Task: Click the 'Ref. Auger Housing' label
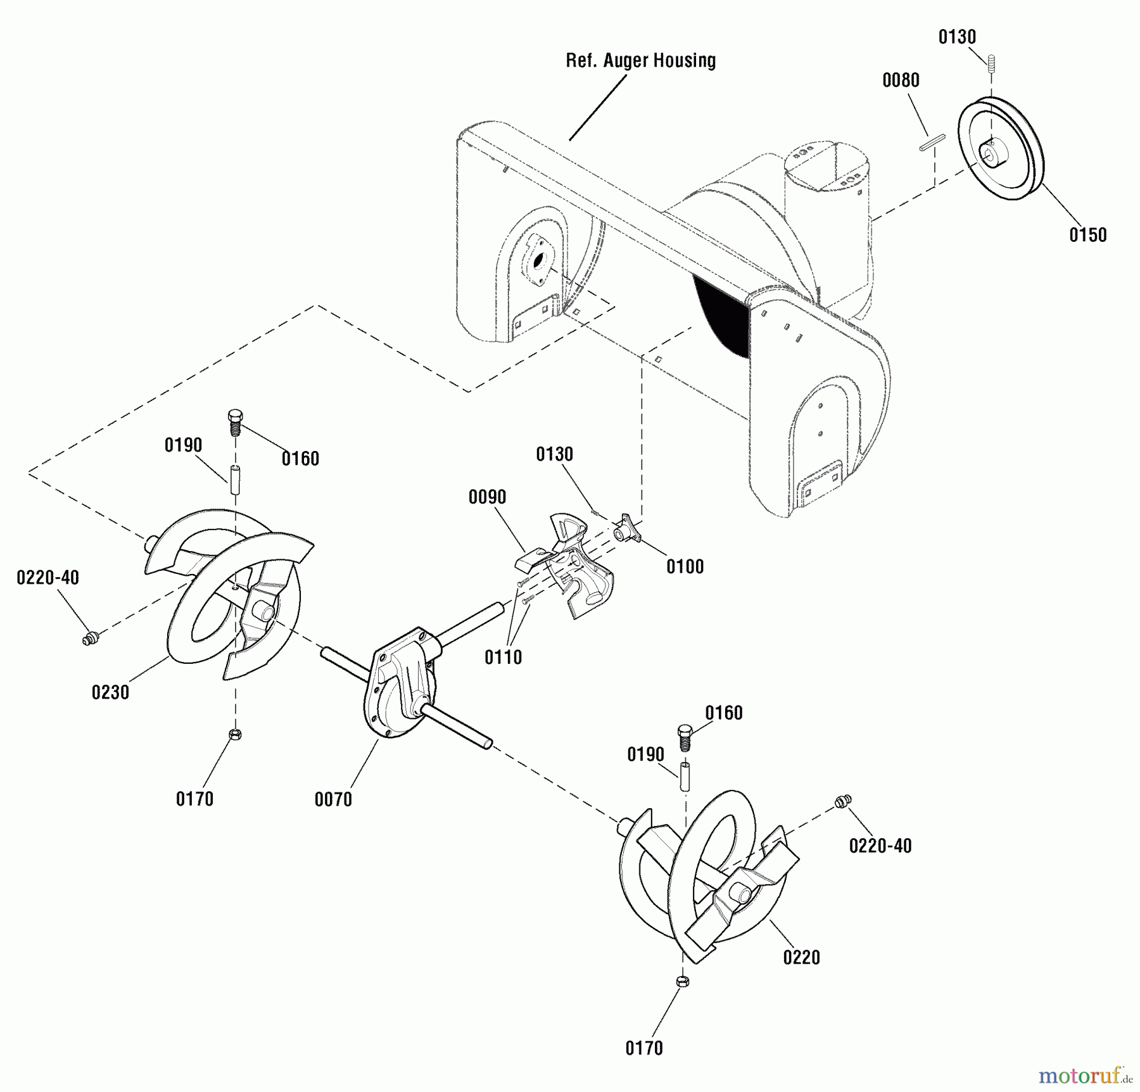640,61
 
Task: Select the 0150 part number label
1087,235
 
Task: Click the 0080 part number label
901,80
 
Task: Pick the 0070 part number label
333,799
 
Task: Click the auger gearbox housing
399,684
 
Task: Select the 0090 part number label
487,497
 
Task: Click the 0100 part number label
685,566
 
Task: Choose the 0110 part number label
503,657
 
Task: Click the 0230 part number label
110,692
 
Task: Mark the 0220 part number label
801,957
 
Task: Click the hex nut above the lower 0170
682,981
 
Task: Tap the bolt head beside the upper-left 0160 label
235,419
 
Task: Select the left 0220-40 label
47,578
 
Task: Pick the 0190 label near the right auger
645,754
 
